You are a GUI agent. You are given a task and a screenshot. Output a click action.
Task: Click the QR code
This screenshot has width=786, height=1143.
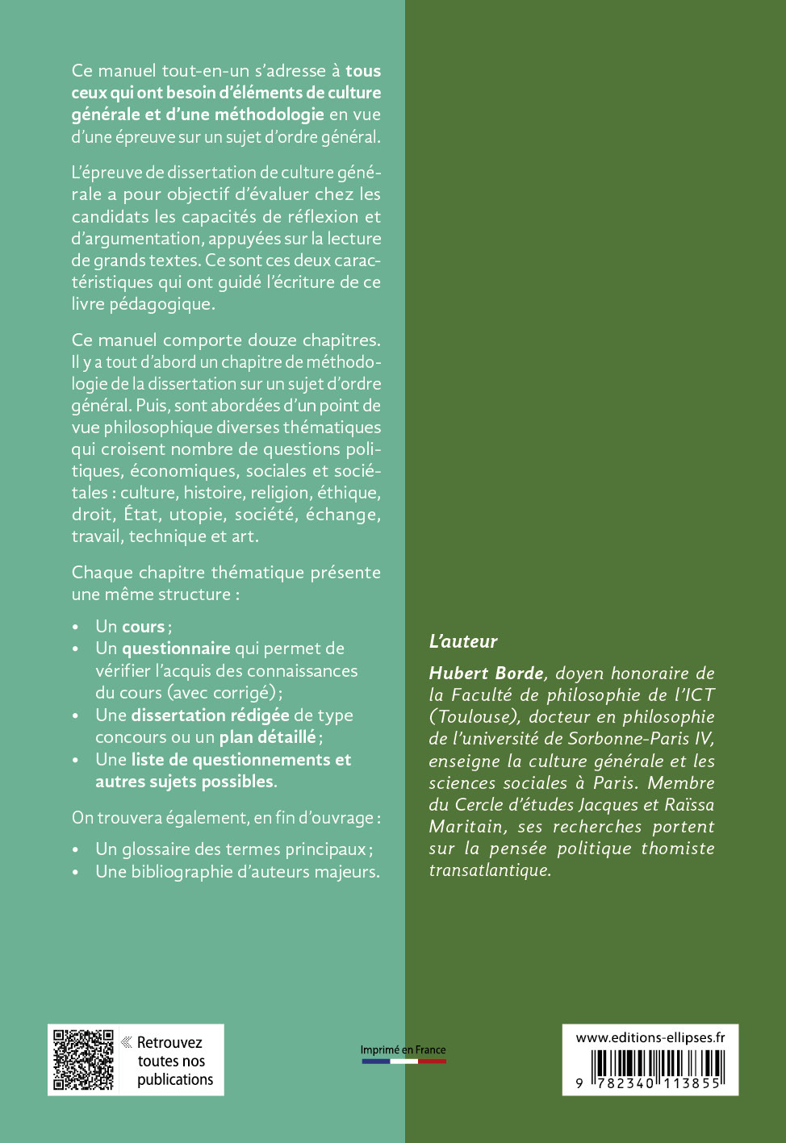click(x=83, y=1059)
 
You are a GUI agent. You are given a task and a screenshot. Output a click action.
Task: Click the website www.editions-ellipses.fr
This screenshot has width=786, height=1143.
click(x=650, y=1037)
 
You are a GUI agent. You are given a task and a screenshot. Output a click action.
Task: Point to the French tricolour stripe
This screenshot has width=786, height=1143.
click(x=403, y=1062)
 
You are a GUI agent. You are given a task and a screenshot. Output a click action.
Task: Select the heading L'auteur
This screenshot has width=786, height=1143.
click(x=463, y=641)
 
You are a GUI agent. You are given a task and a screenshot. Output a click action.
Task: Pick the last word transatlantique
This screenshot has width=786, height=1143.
click(x=490, y=870)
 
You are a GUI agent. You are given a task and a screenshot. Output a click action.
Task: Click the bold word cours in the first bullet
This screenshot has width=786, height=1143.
click(x=143, y=627)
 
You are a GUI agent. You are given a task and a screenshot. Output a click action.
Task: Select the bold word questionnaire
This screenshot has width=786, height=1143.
click(x=176, y=649)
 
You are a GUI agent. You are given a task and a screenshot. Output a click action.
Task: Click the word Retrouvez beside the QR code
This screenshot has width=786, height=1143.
click(x=169, y=1042)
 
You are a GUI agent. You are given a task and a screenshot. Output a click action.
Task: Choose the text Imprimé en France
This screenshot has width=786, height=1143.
click(x=403, y=1049)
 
